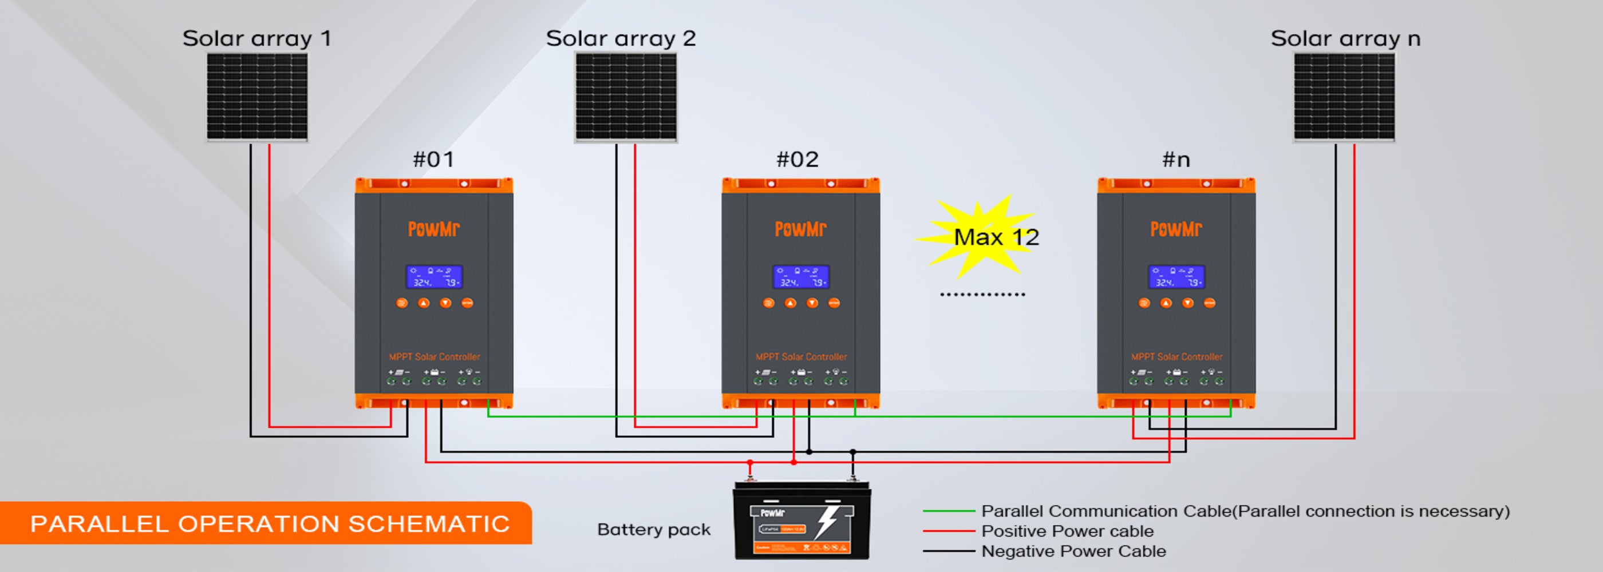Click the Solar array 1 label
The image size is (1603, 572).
tap(256, 38)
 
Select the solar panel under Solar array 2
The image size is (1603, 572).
tap(625, 97)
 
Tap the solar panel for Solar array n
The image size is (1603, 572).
tap(1344, 97)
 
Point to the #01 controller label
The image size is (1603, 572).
tap(434, 160)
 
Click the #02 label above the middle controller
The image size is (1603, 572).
tap(797, 160)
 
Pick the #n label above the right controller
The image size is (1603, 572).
tap(1176, 160)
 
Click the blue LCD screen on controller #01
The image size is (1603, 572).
tap(434, 277)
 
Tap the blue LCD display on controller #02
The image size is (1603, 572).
tap(801, 277)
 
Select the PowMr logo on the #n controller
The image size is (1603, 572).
tap(1176, 229)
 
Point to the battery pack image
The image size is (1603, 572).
tap(801, 521)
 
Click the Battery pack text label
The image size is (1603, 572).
tap(653, 530)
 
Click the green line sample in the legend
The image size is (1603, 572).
tap(949, 511)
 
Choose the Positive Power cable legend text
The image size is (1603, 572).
tap(1067, 531)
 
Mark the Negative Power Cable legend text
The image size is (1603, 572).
tap(1073, 551)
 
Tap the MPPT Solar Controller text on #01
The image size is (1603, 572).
tap(435, 357)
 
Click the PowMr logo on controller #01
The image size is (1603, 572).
tap(434, 229)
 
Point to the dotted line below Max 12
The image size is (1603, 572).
tap(982, 295)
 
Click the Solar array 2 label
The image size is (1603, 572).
tap(621, 38)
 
